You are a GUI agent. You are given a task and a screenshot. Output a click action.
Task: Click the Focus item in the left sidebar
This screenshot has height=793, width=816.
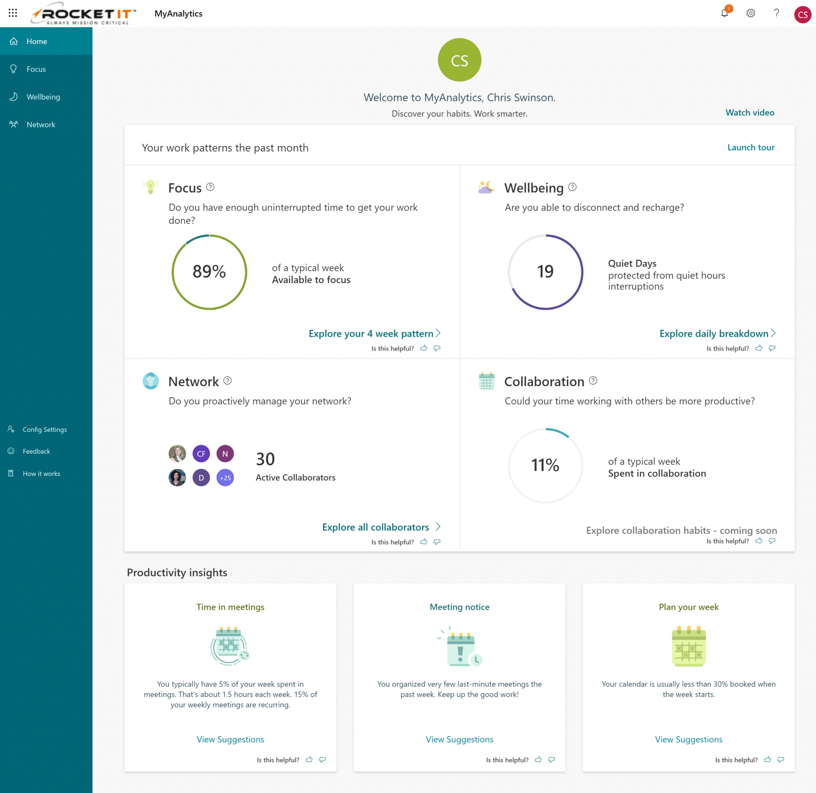[x=36, y=69]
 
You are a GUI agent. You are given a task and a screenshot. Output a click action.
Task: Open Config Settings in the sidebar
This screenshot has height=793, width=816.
[x=45, y=430]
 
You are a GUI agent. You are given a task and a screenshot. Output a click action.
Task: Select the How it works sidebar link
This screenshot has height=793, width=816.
[x=41, y=474]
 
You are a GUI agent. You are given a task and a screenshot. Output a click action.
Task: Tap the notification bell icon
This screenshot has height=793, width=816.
[x=725, y=13]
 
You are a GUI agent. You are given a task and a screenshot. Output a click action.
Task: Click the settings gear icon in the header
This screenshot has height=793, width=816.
[x=751, y=13]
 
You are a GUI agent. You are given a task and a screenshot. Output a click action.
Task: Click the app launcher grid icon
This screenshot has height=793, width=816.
[x=13, y=13]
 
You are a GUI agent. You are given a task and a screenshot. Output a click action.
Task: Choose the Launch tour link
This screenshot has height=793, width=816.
[x=751, y=148]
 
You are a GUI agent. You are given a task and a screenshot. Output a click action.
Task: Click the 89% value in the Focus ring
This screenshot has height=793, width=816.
[x=209, y=271]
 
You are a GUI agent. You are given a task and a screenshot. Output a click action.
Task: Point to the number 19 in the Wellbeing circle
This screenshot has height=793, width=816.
[x=545, y=271]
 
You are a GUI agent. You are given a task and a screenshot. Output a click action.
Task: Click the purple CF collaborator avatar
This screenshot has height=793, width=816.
[x=201, y=454]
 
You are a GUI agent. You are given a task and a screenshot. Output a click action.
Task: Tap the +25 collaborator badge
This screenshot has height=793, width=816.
[x=225, y=477]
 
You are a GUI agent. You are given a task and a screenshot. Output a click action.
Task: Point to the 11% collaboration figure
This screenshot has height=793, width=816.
[x=545, y=465]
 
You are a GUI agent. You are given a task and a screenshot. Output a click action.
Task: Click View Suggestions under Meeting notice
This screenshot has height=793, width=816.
[x=460, y=739]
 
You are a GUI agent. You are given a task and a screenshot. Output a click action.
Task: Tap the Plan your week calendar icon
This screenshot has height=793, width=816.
[x=688, y=646]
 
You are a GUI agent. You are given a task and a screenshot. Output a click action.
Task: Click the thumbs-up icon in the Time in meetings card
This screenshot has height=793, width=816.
[x=309, y=760]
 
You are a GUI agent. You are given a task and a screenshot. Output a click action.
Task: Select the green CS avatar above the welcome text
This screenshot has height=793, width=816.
[x=460, y=60]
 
